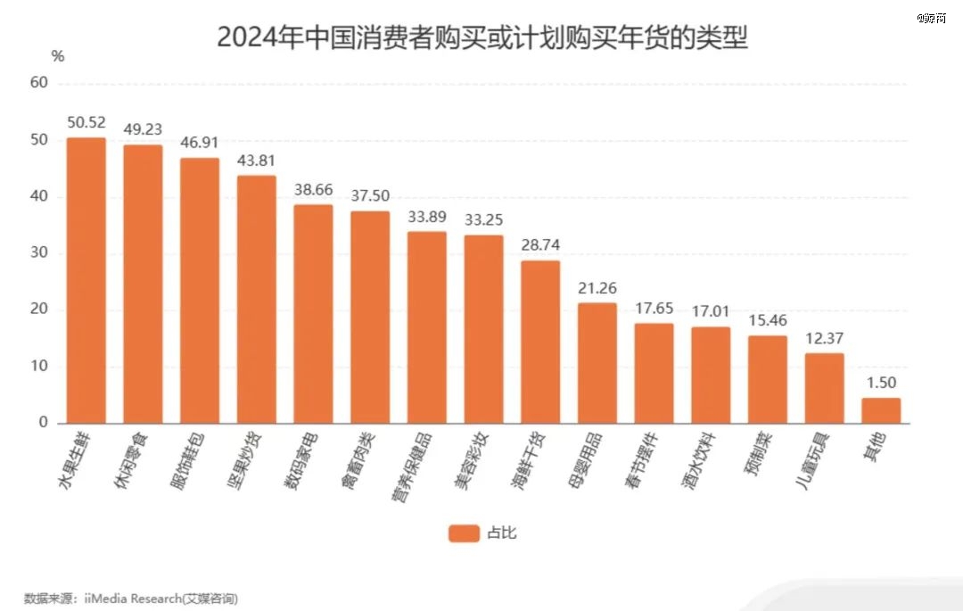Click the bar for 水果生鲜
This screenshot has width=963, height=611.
86,280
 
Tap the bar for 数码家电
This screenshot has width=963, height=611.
313,314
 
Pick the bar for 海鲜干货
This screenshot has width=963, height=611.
540,342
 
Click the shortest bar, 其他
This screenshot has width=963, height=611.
881,410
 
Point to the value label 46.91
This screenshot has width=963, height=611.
199,143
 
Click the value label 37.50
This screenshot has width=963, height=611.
370,196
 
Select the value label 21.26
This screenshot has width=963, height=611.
597,288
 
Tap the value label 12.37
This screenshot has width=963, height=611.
824,339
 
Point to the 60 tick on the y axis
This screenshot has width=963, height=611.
38,83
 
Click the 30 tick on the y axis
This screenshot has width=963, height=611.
38,253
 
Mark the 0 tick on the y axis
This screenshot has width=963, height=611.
42,423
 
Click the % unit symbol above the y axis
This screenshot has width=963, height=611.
58,56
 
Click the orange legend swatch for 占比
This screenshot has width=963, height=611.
464,533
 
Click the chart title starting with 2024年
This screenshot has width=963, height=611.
481,37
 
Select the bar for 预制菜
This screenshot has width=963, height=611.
768,379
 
